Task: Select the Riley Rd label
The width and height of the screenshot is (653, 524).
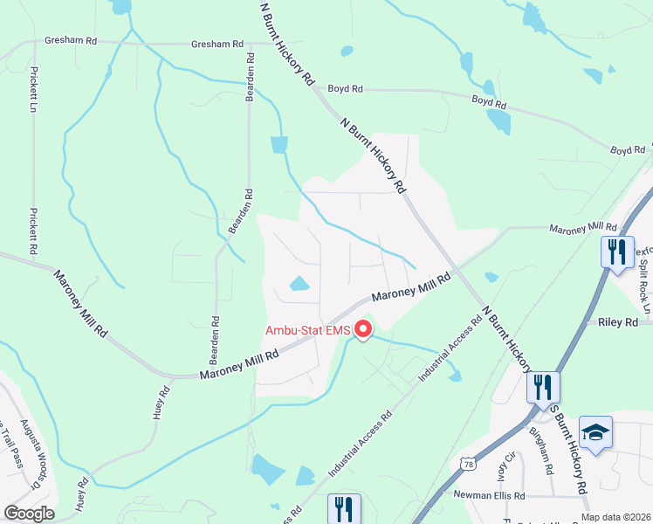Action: tap(619, 322)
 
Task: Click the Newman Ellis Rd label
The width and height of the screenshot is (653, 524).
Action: tap(489, 495)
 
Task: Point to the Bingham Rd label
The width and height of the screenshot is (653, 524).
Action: tap(546, 454)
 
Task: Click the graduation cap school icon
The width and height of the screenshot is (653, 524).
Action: tap(595, 433)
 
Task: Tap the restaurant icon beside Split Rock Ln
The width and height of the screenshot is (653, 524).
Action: tap(617, 253)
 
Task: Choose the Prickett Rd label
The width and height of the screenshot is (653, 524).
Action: tap(32, 231)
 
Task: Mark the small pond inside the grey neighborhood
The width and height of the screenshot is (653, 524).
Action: tap(299, 284)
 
